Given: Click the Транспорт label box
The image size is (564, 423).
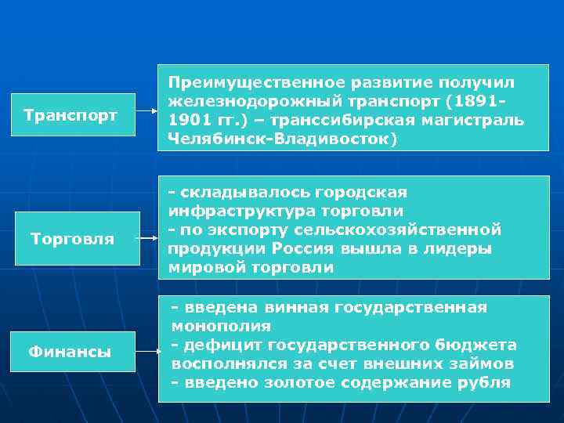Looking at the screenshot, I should (70, 115).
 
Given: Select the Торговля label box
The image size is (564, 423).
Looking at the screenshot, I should (72, 238).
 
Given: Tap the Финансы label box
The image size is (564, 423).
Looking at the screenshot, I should (70, 352).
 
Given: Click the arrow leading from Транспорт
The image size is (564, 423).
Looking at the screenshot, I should (146, 111).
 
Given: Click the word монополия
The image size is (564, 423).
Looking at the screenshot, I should (221, 326).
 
